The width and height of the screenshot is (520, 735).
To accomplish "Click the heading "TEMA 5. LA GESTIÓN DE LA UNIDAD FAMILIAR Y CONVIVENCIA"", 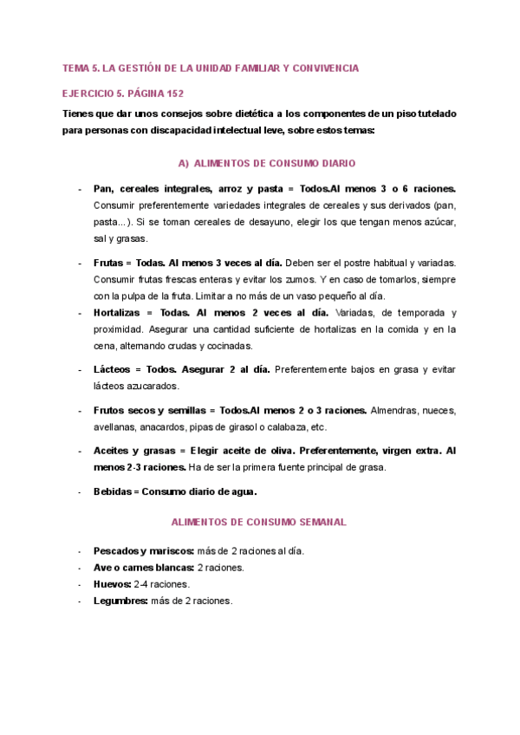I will coord(211,68).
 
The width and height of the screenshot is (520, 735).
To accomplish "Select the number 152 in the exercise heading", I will coord(173,93).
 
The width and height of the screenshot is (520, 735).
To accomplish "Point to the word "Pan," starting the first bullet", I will coord(103,188).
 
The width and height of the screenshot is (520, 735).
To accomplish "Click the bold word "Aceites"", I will coord(113,451).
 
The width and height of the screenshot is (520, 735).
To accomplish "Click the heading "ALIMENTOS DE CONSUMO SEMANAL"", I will coord(259,522).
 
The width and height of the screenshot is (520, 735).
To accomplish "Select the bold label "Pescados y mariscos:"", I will coord(143,550).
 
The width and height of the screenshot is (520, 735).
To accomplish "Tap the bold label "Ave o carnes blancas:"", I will coord(144,567).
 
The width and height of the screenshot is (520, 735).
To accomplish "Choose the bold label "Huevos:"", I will coord(112,584).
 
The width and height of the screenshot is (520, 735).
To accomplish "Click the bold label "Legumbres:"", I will coord(120,601).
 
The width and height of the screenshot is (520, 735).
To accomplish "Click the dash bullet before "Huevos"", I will coord(80,584).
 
